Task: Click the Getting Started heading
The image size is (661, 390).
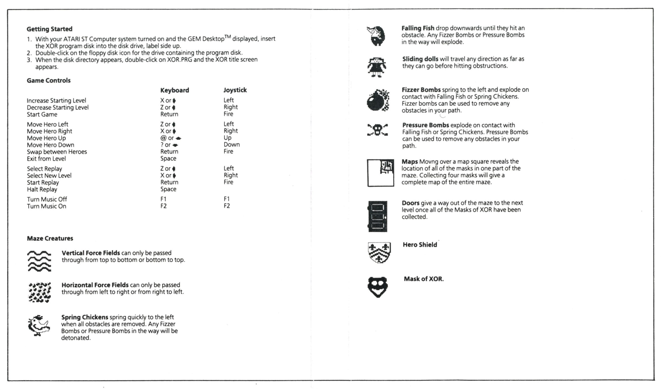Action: pyautogui.click(x=49, y=29)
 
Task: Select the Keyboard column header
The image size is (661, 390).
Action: pyautogui.click(x=175, y=90)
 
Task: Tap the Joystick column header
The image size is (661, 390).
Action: pyautogui.click(x=235, y=90)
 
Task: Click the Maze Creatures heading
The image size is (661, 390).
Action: pyautogui.click(x=50, y=238)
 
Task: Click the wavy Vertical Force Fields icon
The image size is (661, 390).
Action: pyautogui.click(x=39, y=261)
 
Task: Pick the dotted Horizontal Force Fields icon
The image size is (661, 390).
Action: pyautogui.click(x=39, y=292)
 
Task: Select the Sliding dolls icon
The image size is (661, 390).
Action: pyautogui.click(x=377, y=67)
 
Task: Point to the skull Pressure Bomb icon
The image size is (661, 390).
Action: pyautogui.click(x=377, y=130)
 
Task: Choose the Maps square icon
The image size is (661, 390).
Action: pyautogui.click(x=381, y=173)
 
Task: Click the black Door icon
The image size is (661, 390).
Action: pyautogui.click(x=378, y=216)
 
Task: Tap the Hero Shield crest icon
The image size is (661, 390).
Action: pyautogui.click(x=379, y=252)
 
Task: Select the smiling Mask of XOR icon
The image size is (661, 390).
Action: pyautogui.click(x=378, y=286)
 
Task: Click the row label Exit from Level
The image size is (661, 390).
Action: pyautogui.click(x=46, y=159)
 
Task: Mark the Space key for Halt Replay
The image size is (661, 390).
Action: pyautogui.click(x=168, y=189)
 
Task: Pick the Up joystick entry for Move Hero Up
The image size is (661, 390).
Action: pyautogui.click(x=227, y=138)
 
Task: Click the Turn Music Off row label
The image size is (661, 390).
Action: pyautogui.click(x=47, y=199)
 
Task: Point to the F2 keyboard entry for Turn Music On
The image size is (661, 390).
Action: pyautogui.click(x=163, y=206)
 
